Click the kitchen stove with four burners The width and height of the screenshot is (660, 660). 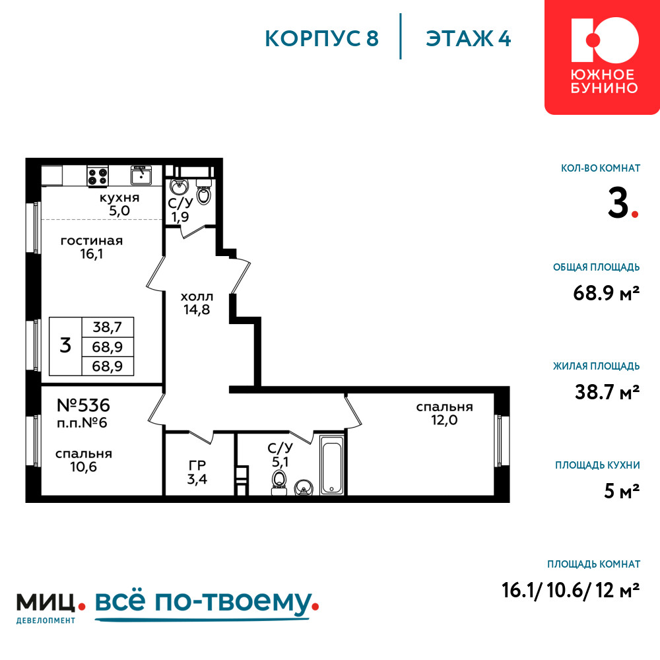98,176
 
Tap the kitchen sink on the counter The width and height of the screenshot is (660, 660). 141,175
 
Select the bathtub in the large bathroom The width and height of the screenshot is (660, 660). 332,465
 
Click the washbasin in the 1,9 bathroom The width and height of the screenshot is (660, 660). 180,186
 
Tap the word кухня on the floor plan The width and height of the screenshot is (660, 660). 119,198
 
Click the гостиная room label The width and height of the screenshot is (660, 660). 92,241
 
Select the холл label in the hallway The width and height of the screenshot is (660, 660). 197,297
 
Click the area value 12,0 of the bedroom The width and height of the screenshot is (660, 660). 444,420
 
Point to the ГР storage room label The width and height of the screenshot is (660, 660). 197,465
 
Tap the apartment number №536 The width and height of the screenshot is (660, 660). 83,405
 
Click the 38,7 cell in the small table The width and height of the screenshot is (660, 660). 108,327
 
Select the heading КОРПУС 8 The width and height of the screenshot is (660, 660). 322,39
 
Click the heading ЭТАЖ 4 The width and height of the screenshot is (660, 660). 469,39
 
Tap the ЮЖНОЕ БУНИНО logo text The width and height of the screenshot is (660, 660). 605,82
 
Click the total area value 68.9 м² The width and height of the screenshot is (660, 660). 607,293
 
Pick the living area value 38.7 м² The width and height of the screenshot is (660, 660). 607,392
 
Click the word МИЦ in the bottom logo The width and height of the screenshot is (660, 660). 46,603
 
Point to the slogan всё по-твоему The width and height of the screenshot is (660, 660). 204,602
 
